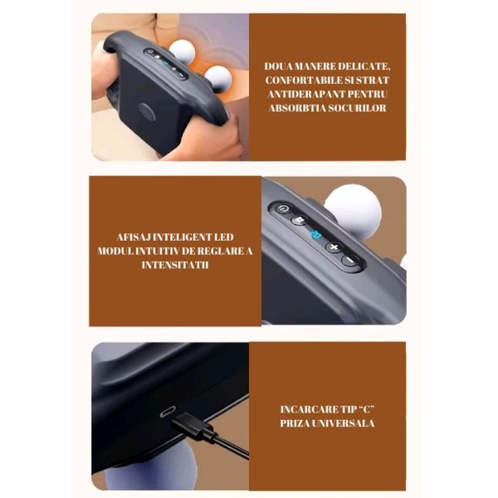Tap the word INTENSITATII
175,265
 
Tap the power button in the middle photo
283,209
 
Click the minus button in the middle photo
349,260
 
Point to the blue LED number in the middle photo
315,235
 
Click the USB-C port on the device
168,412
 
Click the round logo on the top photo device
147,112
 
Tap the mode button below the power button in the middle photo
299,220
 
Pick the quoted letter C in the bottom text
367,409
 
